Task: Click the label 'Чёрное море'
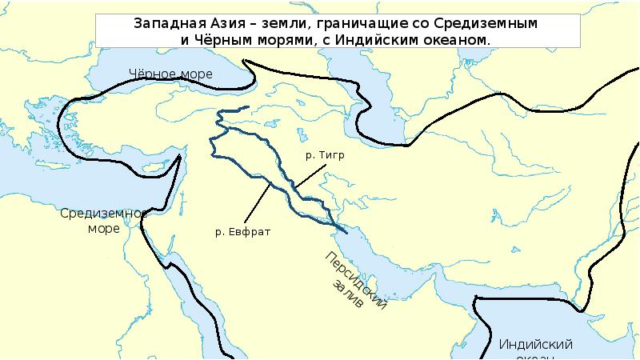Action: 171,74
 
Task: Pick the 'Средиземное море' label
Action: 104,220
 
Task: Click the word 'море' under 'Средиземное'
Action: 104,228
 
